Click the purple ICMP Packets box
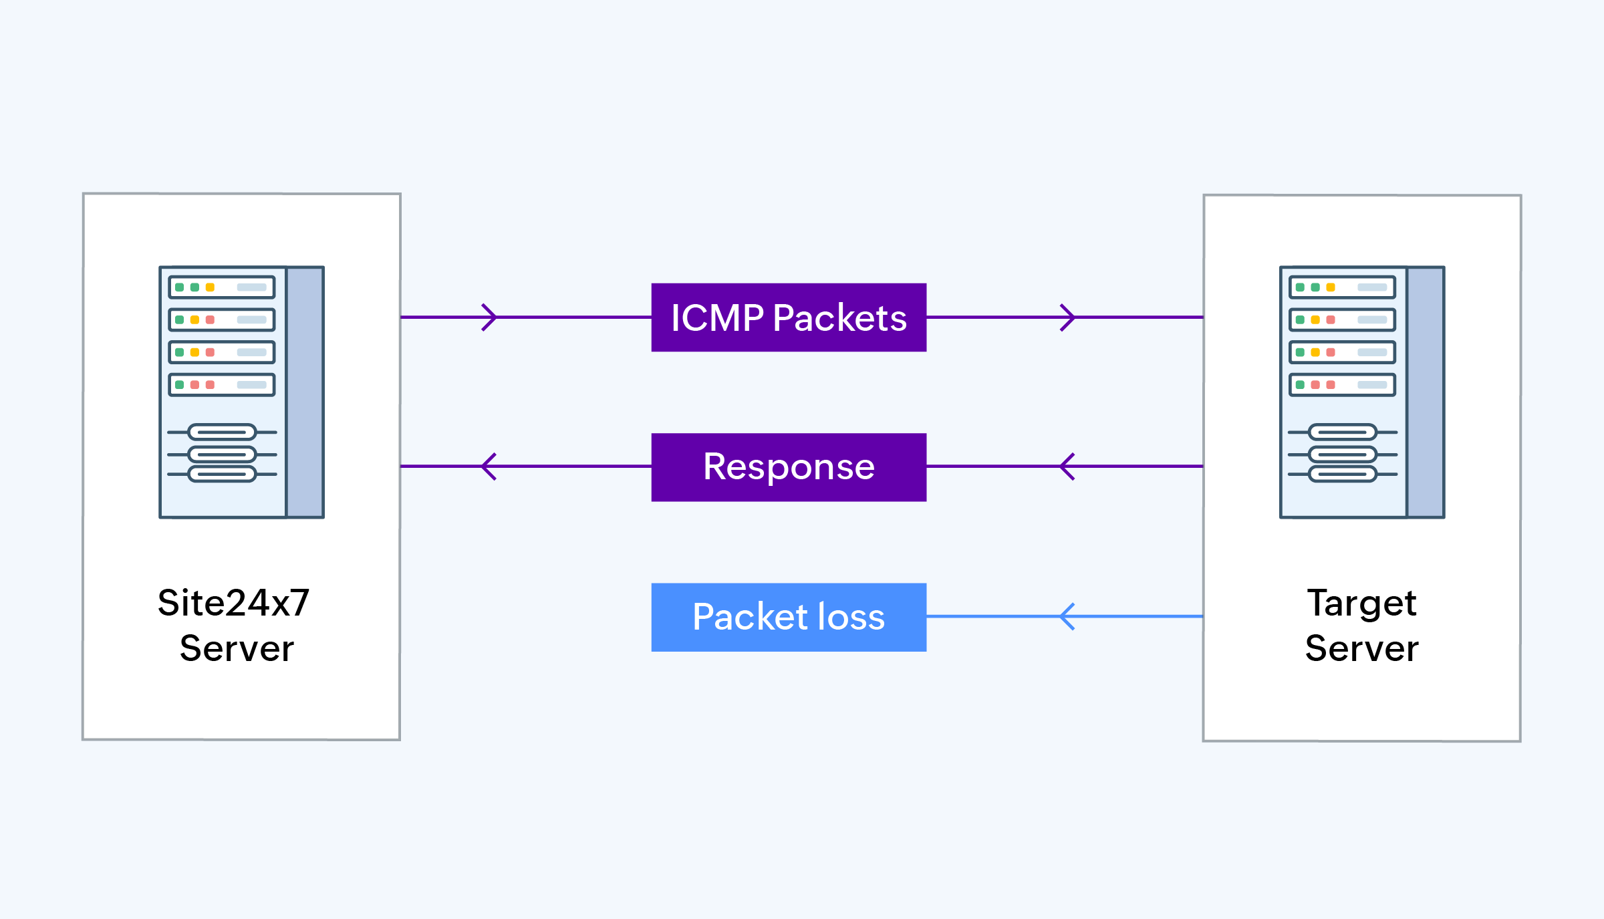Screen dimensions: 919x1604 click(789, 317)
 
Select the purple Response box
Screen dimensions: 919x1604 click(789, 467)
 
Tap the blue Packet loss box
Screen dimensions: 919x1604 click(789, 617)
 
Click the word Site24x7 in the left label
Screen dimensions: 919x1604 click(233, 603)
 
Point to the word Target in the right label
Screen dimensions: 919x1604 click(1361, 603)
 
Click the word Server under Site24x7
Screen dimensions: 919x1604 click(237, 648)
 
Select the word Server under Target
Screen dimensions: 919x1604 click(1361, 648)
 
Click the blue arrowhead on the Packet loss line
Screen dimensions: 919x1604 click(1067, 616)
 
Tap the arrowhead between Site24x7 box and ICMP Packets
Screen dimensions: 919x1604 click(490, 317)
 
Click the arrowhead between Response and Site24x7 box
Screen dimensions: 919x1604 click(489, 467)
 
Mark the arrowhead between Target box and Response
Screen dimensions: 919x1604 click(1067, 467)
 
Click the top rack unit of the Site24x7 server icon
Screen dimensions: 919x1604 click(222, 287)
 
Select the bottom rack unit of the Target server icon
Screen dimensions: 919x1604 click(1342, 385)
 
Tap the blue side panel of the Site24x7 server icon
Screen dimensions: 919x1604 click(305, 392)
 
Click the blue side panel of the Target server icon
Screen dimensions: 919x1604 click(1425, 392)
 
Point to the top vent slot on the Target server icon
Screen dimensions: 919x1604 click(1342, 432)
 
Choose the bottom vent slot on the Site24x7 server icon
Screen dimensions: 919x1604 click(222, 475)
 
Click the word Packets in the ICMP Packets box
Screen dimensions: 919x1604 click(839, 318)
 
